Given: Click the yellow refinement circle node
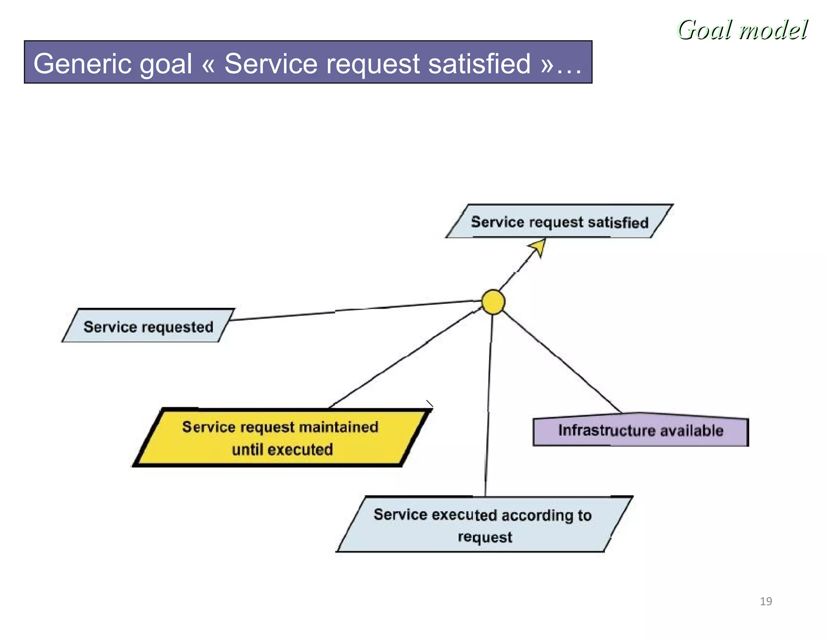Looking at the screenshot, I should [x=493, y=302].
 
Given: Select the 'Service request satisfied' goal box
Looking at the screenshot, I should [x=559, y=222].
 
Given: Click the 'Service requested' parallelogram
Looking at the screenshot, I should [x=148, y=326].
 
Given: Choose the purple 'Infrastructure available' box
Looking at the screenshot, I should [x=640, y=431].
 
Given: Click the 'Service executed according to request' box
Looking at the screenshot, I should [x=484, y=525].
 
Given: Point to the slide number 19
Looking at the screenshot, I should [x=766, y=601].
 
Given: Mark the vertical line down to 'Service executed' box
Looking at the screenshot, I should [x=489, y=404].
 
